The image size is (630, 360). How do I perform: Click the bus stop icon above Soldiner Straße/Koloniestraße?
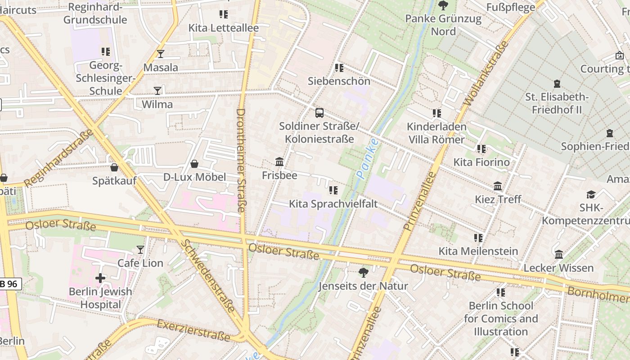click(319, 112)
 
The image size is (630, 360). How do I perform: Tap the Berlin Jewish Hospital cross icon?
click(100, 278)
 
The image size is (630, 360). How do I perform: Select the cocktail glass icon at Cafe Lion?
click(140, 249)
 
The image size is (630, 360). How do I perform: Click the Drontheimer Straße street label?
click(241, 160)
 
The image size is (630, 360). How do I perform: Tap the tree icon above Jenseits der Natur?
click(363, 272)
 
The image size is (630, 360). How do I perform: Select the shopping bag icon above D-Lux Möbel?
click(194, 163)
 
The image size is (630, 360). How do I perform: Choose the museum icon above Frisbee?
click(279, 162)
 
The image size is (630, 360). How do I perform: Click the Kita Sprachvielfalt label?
click(333, 204)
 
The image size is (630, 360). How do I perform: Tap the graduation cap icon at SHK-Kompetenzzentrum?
click(590, 194)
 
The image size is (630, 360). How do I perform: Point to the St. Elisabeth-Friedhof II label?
click(557, 103)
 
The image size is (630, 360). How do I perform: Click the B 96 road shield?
click(10, 284)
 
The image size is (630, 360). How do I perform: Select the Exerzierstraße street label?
click(193, 330)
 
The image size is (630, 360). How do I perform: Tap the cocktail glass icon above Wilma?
click(157, 91)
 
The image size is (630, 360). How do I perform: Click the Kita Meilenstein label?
click(478, 251)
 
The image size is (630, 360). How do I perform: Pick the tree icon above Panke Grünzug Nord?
click(443, 5)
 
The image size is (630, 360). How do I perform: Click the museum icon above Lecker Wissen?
click(559, 255)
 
